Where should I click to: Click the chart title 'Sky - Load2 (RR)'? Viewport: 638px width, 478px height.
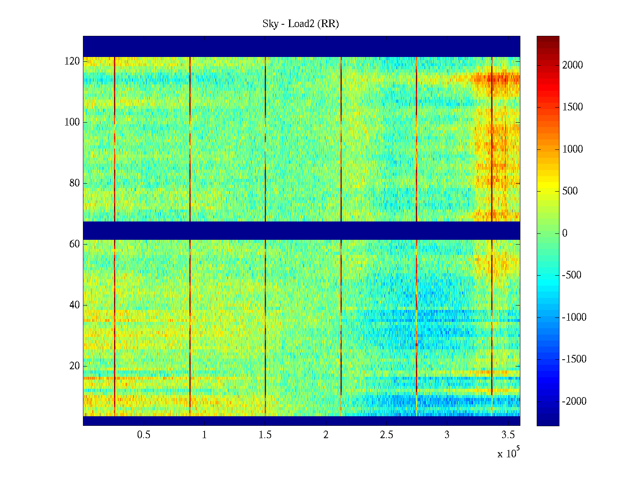tap(301, 24)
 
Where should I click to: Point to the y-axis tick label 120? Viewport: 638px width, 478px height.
tap(72, 61)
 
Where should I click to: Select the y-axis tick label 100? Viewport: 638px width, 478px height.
tap(72, 122)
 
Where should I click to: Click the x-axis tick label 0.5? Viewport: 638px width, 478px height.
tap(144, 435)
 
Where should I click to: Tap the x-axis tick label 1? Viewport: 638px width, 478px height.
tap(205, 435)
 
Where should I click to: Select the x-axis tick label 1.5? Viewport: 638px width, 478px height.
tap(265, 435)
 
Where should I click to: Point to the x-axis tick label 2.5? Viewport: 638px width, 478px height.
tap(386, 435)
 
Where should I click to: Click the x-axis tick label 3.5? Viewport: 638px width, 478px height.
tap(508, 435)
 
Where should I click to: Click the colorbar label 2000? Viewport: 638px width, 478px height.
tap(573, 65)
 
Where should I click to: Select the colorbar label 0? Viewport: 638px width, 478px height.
tap(565, 233)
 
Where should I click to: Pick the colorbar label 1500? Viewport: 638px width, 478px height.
tap(573, 107)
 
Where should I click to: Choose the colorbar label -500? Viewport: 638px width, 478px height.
tap(572, 275)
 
